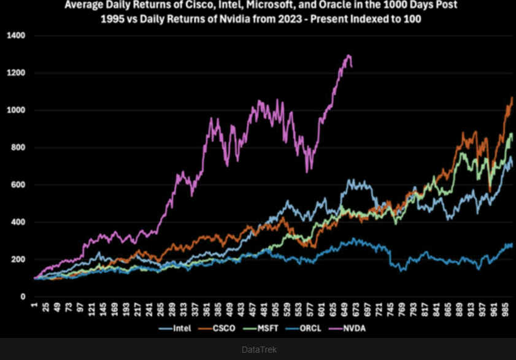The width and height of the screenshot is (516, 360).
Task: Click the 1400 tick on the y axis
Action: click(17, 36)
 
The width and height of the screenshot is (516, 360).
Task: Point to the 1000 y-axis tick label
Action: click(17, 110)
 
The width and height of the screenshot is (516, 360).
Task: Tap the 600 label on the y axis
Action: click(18, 185)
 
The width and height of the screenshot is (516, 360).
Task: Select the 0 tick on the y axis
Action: click(23, 297)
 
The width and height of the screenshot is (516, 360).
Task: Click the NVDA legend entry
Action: click(359, 328)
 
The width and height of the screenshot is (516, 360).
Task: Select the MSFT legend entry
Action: click(268, 328)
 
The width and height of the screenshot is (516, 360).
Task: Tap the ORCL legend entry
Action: click(314, 328)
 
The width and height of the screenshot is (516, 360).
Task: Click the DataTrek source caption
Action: click(258, 350)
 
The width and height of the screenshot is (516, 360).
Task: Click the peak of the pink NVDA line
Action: click(349, 56)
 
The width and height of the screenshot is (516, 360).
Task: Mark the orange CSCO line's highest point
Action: click(512, 98)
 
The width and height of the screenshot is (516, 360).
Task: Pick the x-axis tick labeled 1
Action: click(36, 306)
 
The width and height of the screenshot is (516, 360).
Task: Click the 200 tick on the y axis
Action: click(18, 259)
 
